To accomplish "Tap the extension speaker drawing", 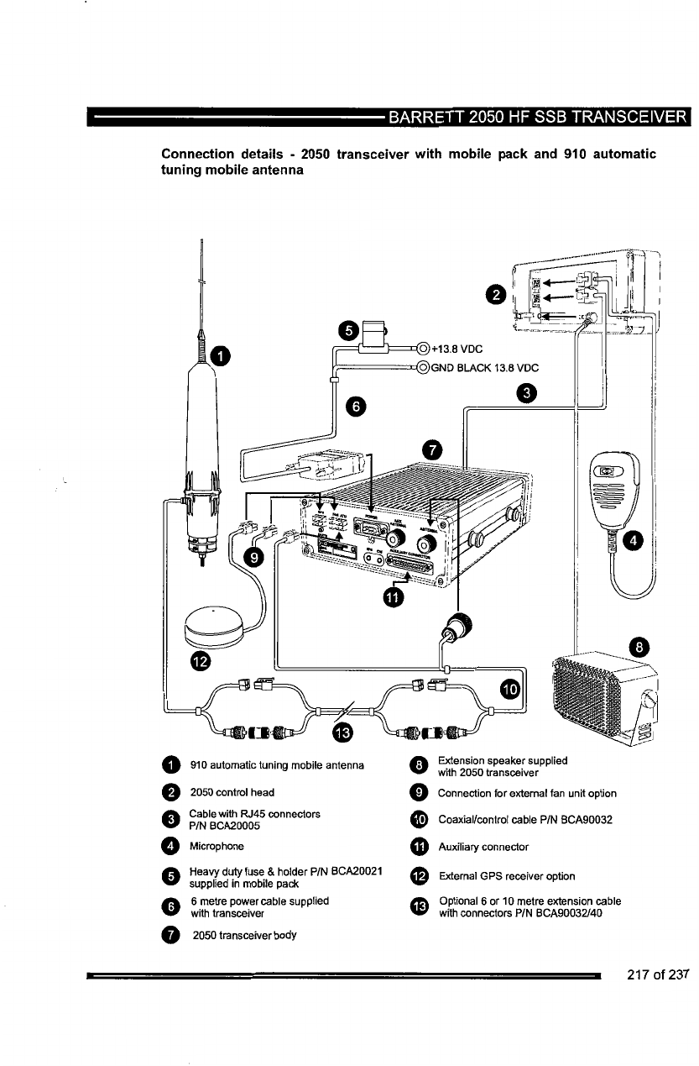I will (604, 693).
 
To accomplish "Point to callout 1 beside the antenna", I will (220, 356).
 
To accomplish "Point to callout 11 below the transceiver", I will (394, 597).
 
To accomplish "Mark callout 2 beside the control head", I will (497, 293).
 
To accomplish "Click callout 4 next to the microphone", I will (635, 539).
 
